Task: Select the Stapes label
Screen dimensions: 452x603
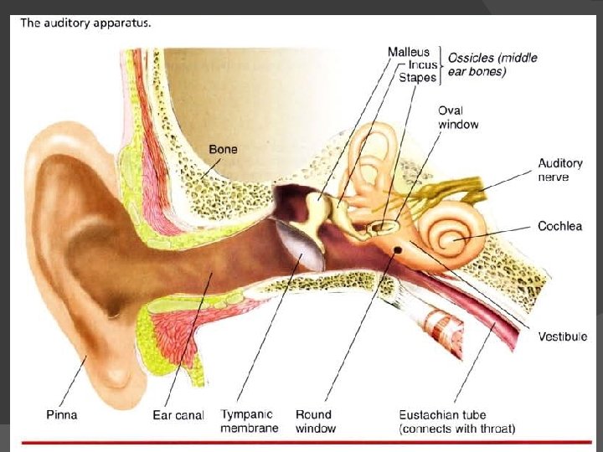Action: pyautogui.click(x=418, y=78)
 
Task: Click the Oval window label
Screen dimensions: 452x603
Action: pyautogui.click(x=458, y=117)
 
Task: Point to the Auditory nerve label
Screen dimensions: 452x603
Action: pyautogui.click(x=559, y=170)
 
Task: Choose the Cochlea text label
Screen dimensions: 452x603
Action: pyautogui.click(x=560, y=226)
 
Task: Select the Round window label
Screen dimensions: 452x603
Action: pyautogui.click(x=316, y=422)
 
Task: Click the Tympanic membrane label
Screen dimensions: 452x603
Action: pyautogui.click(x=247, y=422)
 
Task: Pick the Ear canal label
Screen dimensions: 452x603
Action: pyautogui.click(x=178, y=415)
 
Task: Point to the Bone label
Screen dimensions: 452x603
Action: pyautogui.click(x=223, y=150)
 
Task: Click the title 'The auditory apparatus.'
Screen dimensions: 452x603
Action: pyautogui.click(x=86, y=23)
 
